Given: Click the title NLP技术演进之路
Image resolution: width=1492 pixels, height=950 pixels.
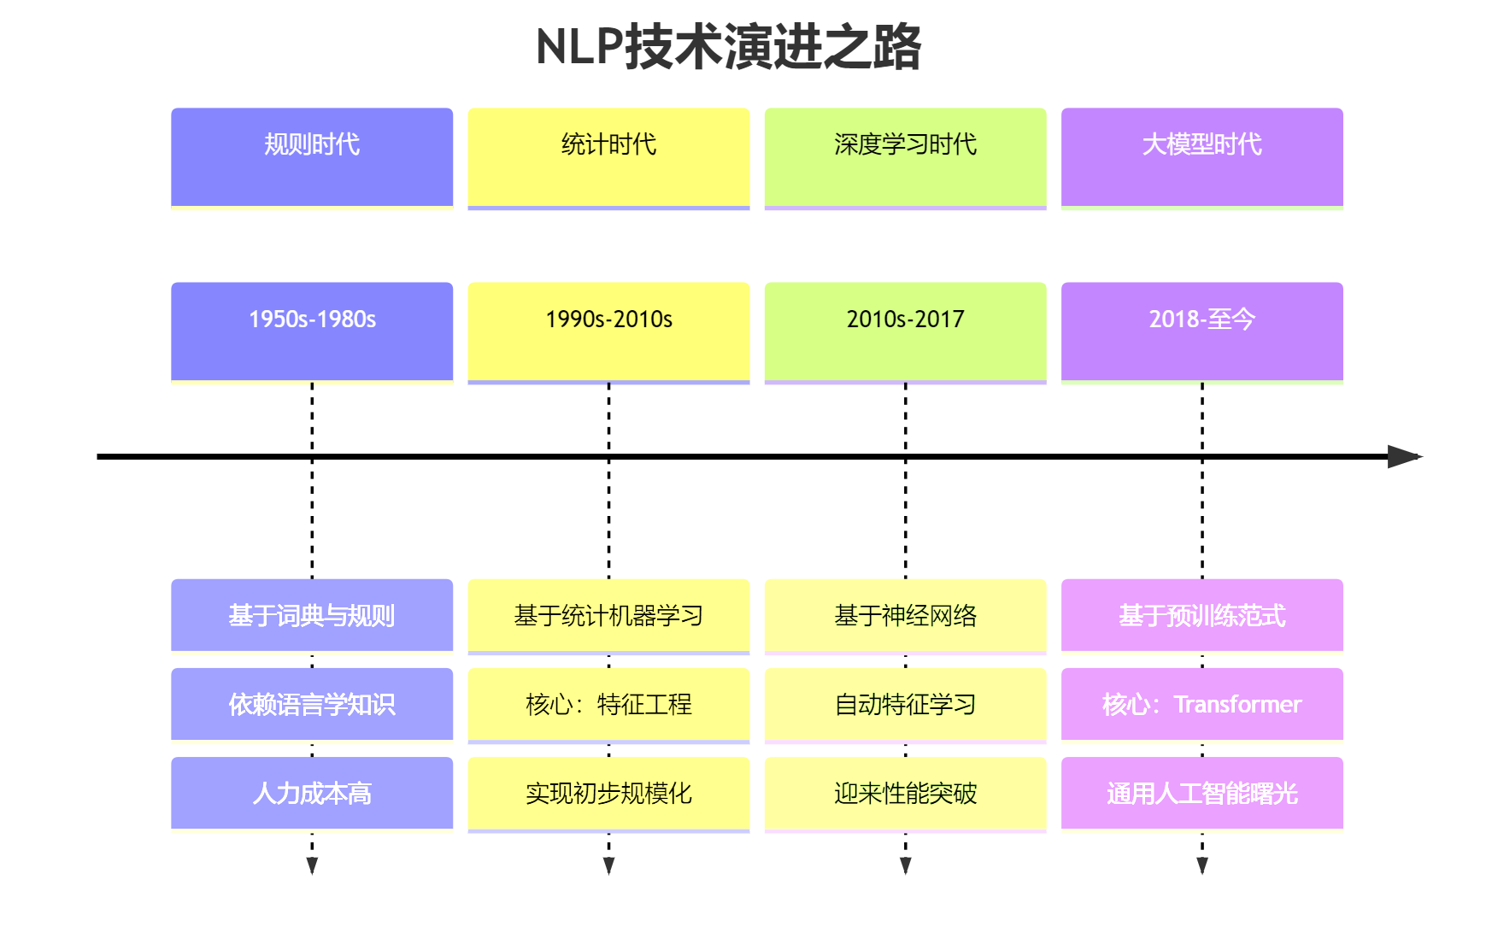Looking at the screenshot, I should pyautogui.click(x=728, y=47).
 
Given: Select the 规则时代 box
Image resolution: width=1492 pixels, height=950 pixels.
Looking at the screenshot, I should pyautogui.click(x=312, y=157).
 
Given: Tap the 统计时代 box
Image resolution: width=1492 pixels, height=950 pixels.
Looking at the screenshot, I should pyautogui.click(x=608, y=157).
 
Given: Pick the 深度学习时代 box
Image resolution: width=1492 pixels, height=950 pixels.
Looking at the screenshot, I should pyautogui.click(x=905, y=157).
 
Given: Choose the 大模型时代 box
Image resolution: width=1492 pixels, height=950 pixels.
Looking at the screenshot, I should pyautogui.click(x=1201, y=157).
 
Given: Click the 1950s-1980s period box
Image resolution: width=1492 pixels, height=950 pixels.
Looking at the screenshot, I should pyautogui.click(x=312, y=331).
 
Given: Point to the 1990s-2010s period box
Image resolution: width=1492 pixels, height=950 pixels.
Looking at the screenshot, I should pyautogui.click(x=608, y=331).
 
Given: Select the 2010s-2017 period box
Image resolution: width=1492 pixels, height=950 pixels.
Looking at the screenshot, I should pyautogui.click(x=905, y=331).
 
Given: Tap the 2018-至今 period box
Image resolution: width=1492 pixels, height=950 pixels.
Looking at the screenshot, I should pyautogui.click(x=1201, y=331).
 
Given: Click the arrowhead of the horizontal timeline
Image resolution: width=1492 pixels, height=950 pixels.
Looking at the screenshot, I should pyautogui.click(x=1403, y=457).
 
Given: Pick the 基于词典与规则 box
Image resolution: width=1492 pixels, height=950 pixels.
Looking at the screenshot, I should pyautogui.click(x=312, y=615).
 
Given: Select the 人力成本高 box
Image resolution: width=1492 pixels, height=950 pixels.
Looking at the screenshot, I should pyautogui.click(x=312, y=793).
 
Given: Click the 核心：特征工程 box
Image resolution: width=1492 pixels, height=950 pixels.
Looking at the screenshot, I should pyautogui.click(x=608, y=704).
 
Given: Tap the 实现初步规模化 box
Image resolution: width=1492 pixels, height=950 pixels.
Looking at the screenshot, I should pyautogui.click(x=608, y=793).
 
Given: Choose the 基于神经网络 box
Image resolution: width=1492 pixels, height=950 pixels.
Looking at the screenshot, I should pyautogui.click(x=905, y=615).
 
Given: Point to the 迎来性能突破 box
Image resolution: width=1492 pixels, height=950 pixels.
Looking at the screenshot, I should pyautogui.click(x=905, y=793).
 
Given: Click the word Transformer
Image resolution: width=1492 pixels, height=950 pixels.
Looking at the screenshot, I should pyautogui.click(x=1237, y=704).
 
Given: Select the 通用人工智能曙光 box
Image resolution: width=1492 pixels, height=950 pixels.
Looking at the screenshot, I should pyautogui.click(x=1201, y=793).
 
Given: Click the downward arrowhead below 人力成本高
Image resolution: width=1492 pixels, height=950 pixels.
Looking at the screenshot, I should pyautogui.click(x=312, y=865).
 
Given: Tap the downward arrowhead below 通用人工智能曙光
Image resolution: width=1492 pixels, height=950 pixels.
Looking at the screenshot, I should pyautogui.click(x=1202, y=865).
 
